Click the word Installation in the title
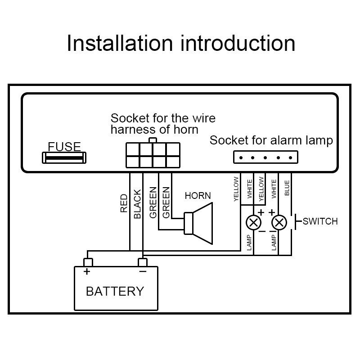coord(120,44)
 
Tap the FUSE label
coord(64,147)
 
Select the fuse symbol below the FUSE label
coord(64,158)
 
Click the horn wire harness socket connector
coord(153,155)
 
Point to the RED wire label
coord(124,203)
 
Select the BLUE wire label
coord(287,188)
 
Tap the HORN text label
coord(198,196)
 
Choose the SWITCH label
coord(320,221)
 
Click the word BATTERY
coord(115,291)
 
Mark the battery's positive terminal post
coord(88,262)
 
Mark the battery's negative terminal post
coord(143,262)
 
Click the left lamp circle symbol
coord(254,222)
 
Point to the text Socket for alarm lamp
coord(271,140)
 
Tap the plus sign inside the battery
coord(86,272)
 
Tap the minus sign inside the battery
coord(143,272)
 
